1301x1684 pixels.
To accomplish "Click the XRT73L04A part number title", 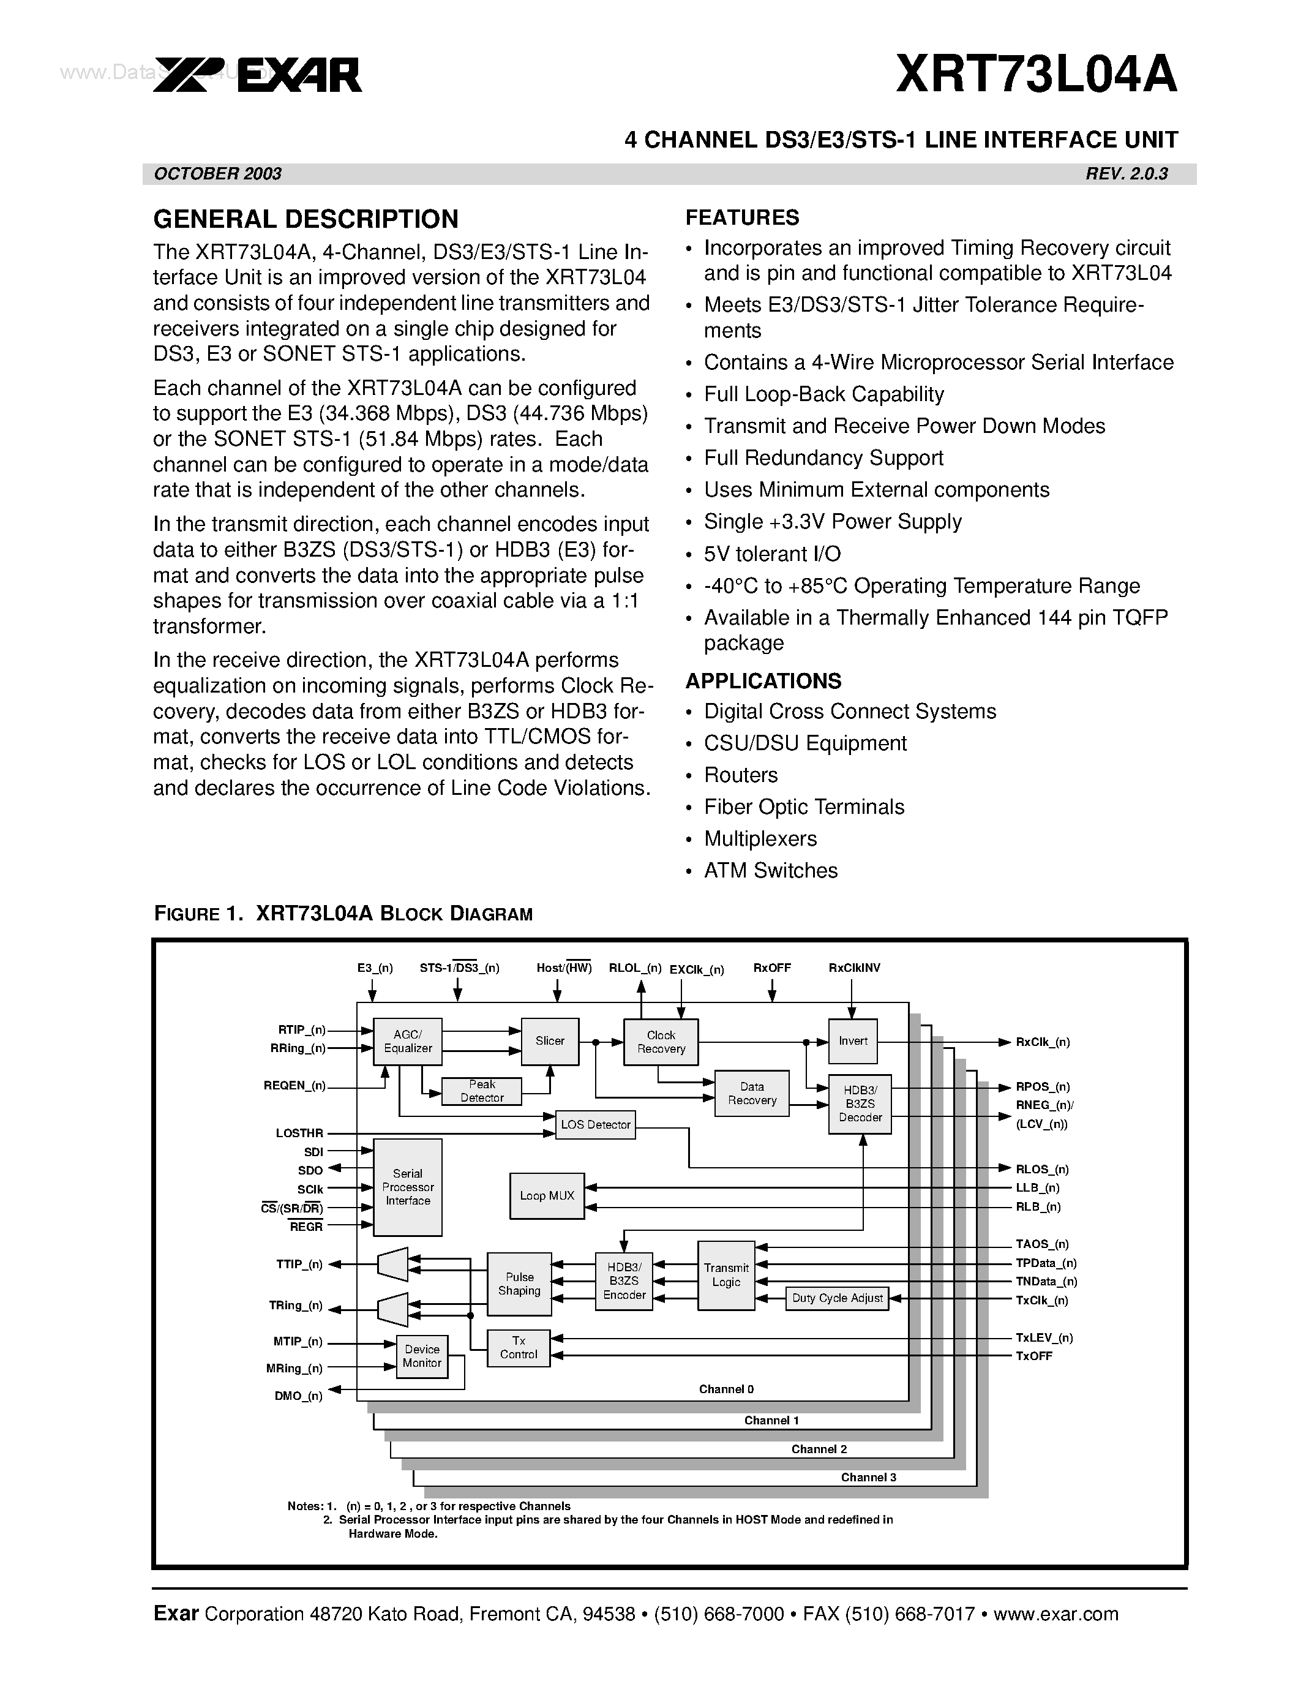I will pyautogui.click(x=1036, y=75).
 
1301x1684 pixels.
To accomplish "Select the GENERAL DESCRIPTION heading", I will pyautogui.click(x=306, y=220).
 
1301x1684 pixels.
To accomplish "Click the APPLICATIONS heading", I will pyautogui.click(x=763, y=681).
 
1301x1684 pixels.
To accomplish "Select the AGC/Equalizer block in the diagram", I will pyautogui.click(x=408, y=1042).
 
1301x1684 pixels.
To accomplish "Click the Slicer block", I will pyautogui.click(x=550, y=1041).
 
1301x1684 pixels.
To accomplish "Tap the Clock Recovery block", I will pyautogui.click(x=661, y=1042).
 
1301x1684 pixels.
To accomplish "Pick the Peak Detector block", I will pyautogui.click(x=482, y=1091).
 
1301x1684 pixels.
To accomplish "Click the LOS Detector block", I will pyautogui.click(x=596, y=1124).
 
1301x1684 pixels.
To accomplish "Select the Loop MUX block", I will pyautogui.click(x=547, y=1196).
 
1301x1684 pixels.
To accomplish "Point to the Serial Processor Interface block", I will pyautogui.click(x=408, y=1187).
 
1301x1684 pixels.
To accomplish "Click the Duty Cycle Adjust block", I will pyautogui.click(x=837, y=1298).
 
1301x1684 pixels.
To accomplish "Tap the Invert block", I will pyautogui.click(x=853, y=1041).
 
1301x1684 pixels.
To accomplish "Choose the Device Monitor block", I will pyautogui.click(x=422, y=1356).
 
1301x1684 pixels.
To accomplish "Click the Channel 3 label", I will pyautogui.click(x=868, y=1478).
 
